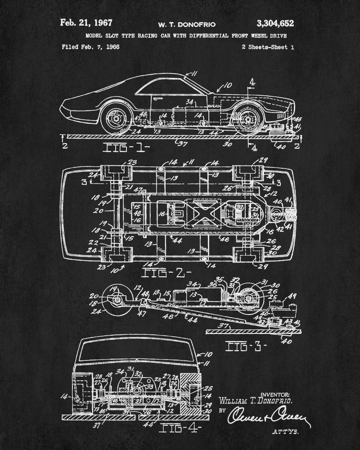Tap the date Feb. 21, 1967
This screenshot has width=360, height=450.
pyautogui.click(x=86, y=23)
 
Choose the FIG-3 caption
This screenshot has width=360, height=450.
pyautogui.click(x=246, y=346)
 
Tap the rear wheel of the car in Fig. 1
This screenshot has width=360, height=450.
pyautogui.click(x=116, y=119)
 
